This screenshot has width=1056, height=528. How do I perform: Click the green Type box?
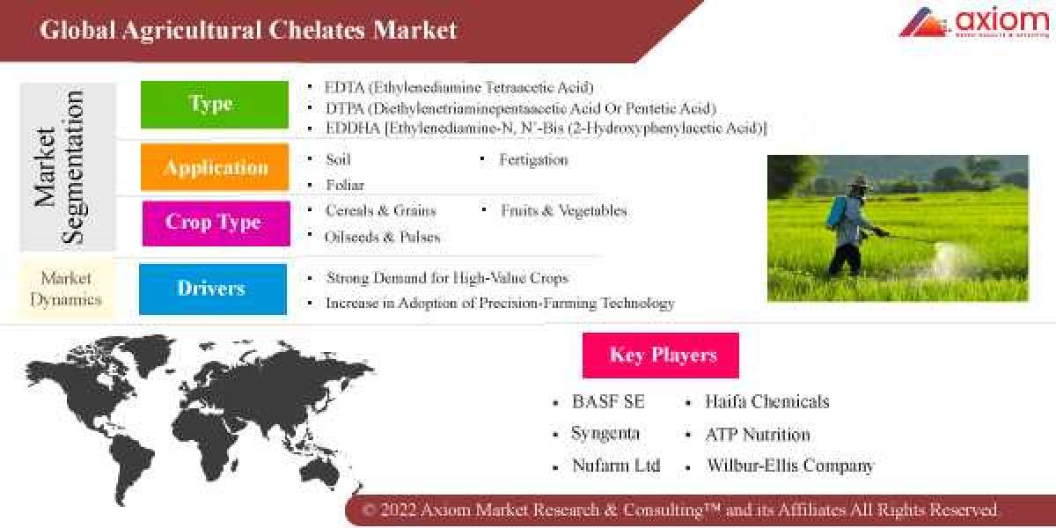pyautogui.click(x=214, y=105)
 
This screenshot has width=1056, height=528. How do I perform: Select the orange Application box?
pyautogui.click(x=215, y=167)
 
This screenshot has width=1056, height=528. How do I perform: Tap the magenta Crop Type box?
pyautogui.click(x=216, y=223)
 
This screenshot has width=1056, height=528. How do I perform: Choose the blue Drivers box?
pyautogui.click(x=212, y=289)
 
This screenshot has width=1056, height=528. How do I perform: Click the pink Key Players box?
pyautogui.click(x=661, y=356)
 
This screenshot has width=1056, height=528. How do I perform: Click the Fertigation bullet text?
pyautogui.click(x=533, y=160)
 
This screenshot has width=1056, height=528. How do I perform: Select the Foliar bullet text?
pyautogui.click(x=344, y=185)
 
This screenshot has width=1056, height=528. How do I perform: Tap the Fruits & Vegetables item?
pyautogui.click(x=563, y=211)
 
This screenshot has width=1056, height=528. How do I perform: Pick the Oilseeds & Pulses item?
pyautogui.click(x=383, y=237)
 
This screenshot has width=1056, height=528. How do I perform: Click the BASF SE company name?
pyautogui.click(x=608, y=402)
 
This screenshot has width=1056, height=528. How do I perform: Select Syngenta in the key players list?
pyautogui.click(x=605, y=434)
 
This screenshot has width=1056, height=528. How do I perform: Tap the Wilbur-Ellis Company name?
pyautogui.click(x=789, y=466)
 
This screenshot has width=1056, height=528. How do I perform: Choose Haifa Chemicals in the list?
pyautogui.click(x=766, y=402)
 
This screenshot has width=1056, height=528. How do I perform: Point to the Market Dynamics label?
pyautogui.click(x=66, y=288)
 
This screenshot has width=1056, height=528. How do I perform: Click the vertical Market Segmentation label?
pyautogui.click(x=60, y=167)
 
